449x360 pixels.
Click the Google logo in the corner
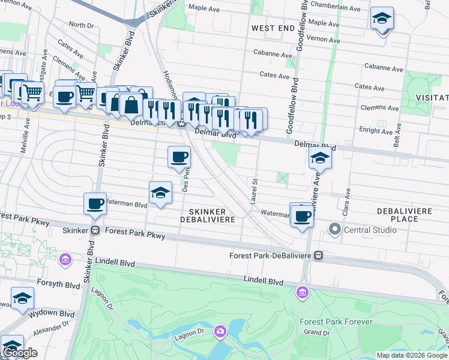pos(20,353)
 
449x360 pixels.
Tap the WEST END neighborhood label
pos(273,28)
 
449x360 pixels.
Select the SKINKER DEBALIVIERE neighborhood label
pos(207,215)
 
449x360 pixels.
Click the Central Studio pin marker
pos(334,230)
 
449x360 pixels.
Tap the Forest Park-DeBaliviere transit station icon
pos(319,256)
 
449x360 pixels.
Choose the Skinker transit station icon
pos(95,230)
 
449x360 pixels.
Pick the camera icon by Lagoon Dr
pos(220,331)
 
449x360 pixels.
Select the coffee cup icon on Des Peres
pos(179,158)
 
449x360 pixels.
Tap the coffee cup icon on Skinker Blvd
pos(95,204)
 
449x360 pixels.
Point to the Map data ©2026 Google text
pos(412,355)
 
